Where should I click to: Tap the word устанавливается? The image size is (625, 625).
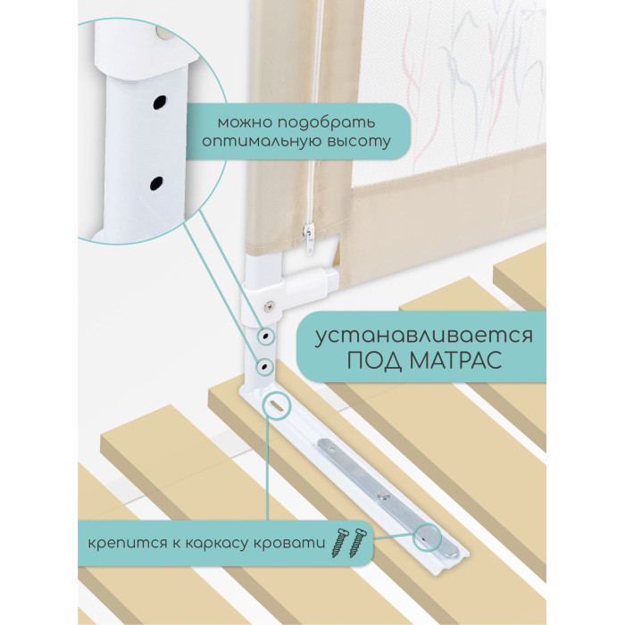tap(424, 336)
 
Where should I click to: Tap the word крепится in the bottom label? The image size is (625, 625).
tap(128, 543)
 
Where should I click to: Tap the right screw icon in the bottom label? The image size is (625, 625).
tap(357, 543)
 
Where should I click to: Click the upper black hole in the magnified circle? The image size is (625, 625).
tap(160, 103)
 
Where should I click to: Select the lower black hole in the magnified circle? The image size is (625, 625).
tap(156, 183)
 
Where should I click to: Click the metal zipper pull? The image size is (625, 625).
tap(309, 238)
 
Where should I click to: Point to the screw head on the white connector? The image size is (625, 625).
tap(270, 305)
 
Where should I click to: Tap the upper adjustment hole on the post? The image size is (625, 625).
tap(264, 337)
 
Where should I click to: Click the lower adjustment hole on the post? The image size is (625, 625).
tap(264, 366)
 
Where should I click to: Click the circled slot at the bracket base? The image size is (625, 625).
tap(276, 405)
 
